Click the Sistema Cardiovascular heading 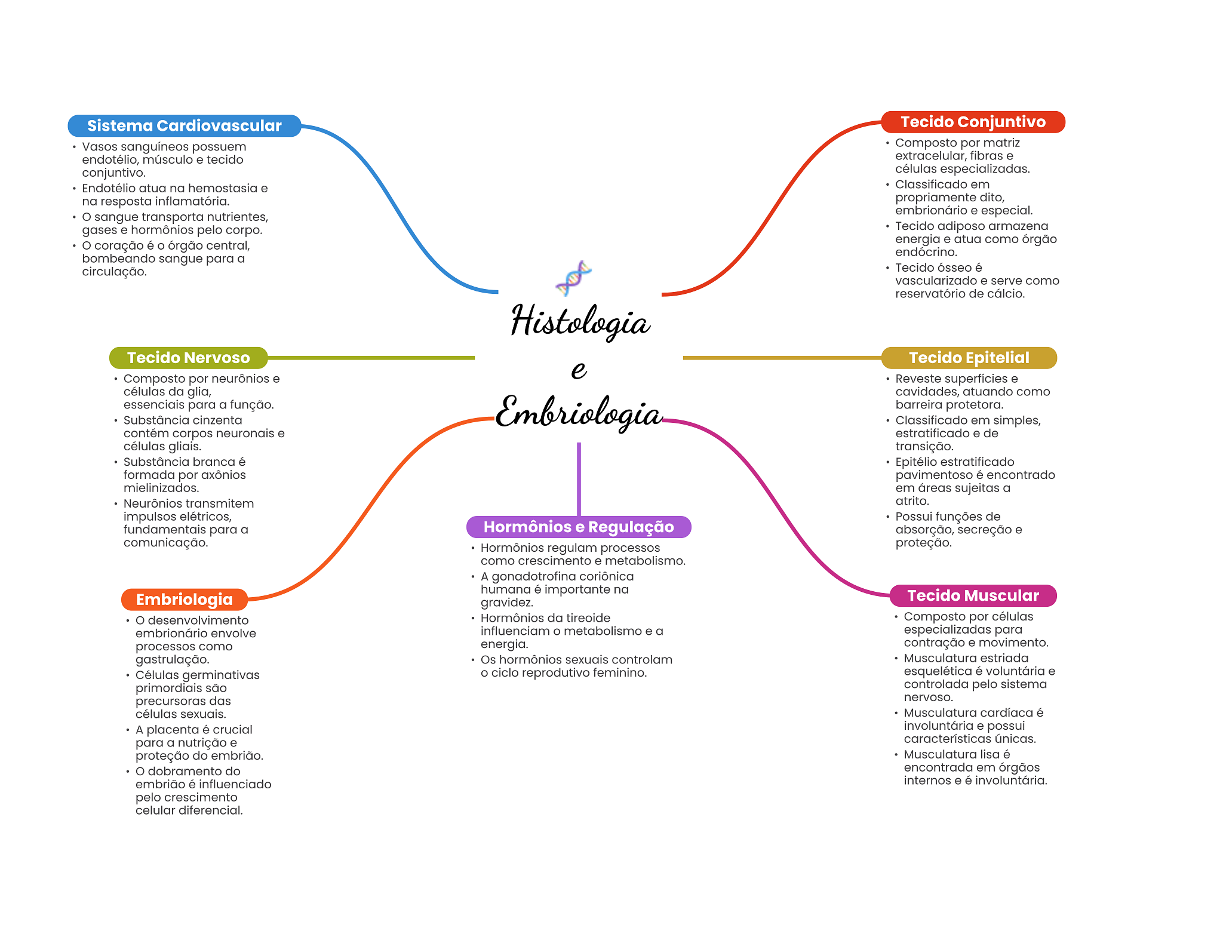pos(184,126)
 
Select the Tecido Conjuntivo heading pos(973,122)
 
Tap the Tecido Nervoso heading pos(188,358)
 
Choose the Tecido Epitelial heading pos(969,358)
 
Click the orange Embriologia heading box pos(184,600)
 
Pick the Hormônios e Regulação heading pos(578,527)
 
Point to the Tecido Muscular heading pos(973,595)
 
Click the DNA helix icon pos(573,278)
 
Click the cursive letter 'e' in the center pos(578,370)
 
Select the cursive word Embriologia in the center pos(578,413)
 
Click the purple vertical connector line pos(579,478)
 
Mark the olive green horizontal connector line pos(370,358)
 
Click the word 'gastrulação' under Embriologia pos(172,659)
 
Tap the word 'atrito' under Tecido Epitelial pos(912,501)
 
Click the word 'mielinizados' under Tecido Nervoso pos(161,488)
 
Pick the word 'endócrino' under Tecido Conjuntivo pos(926,252)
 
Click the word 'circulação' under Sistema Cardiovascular pos(114,272)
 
